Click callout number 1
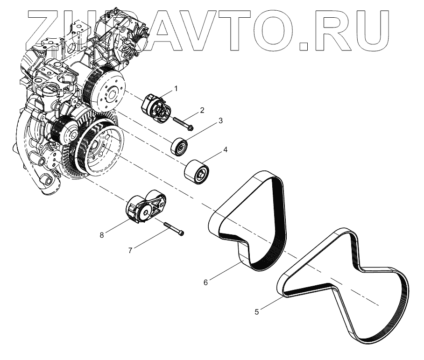point(176,88)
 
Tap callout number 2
point(202,110)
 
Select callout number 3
point(220,120)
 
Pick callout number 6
point(206,282)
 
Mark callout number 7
point(130,250)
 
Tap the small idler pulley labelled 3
point(178,146)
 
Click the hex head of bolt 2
point(191,126)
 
